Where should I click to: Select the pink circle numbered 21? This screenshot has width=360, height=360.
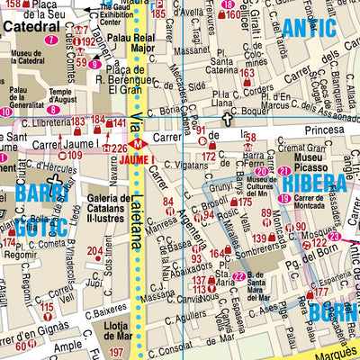tap(283, 171)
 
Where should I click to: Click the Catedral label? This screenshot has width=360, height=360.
tap(31, 27)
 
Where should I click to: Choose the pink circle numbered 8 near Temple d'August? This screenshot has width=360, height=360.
tap(54, 111)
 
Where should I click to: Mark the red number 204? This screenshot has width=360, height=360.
tap(94, 251)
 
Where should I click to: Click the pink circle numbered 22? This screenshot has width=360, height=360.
tap(238, 276)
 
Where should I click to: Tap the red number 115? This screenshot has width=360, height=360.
tap(47, 308)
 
